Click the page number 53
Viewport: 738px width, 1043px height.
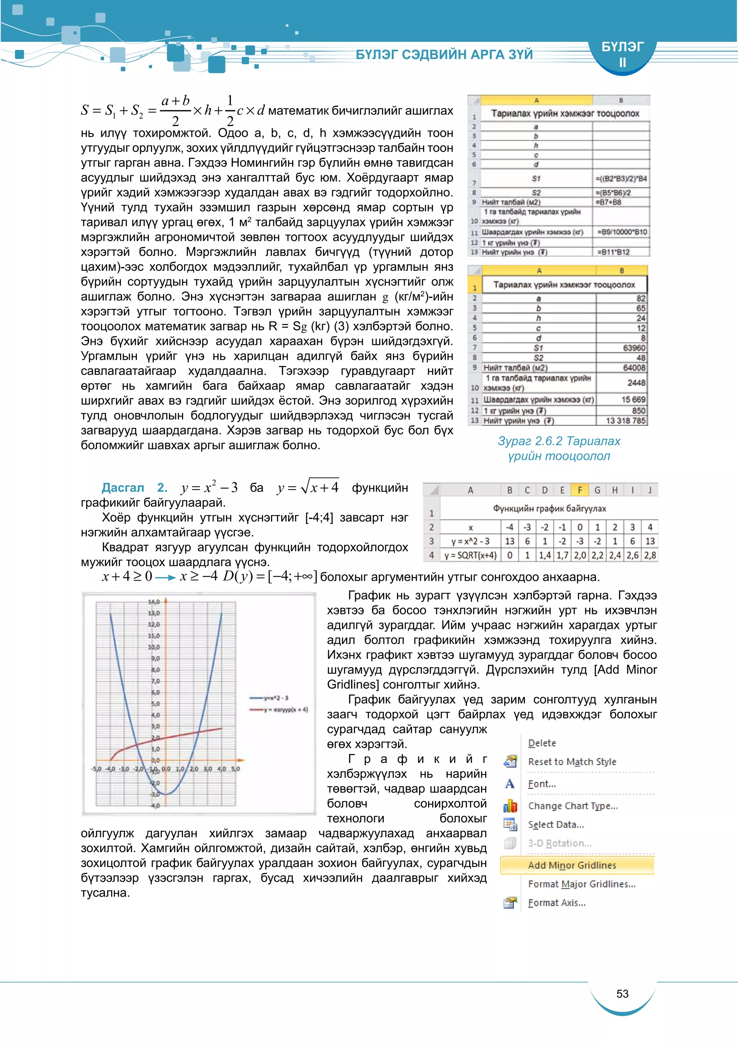(x=622, y=994)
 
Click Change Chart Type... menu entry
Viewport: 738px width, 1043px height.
(x=573, y=806)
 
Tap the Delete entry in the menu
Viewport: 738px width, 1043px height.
(x=542, y=743)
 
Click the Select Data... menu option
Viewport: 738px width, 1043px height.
(x=556, y=824)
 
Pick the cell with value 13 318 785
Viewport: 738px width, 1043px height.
(x=625, y=421)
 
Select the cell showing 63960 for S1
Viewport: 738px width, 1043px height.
(x=633, y=348)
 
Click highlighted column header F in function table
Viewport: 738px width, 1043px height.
(x=579, y=490)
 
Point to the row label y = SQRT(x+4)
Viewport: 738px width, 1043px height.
(x=470, y=555)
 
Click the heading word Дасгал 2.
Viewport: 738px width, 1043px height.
(x=134, y=487)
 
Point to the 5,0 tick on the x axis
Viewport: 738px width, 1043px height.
(x=235, y=769)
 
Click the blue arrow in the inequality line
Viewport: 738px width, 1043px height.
(x=165, y=578)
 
